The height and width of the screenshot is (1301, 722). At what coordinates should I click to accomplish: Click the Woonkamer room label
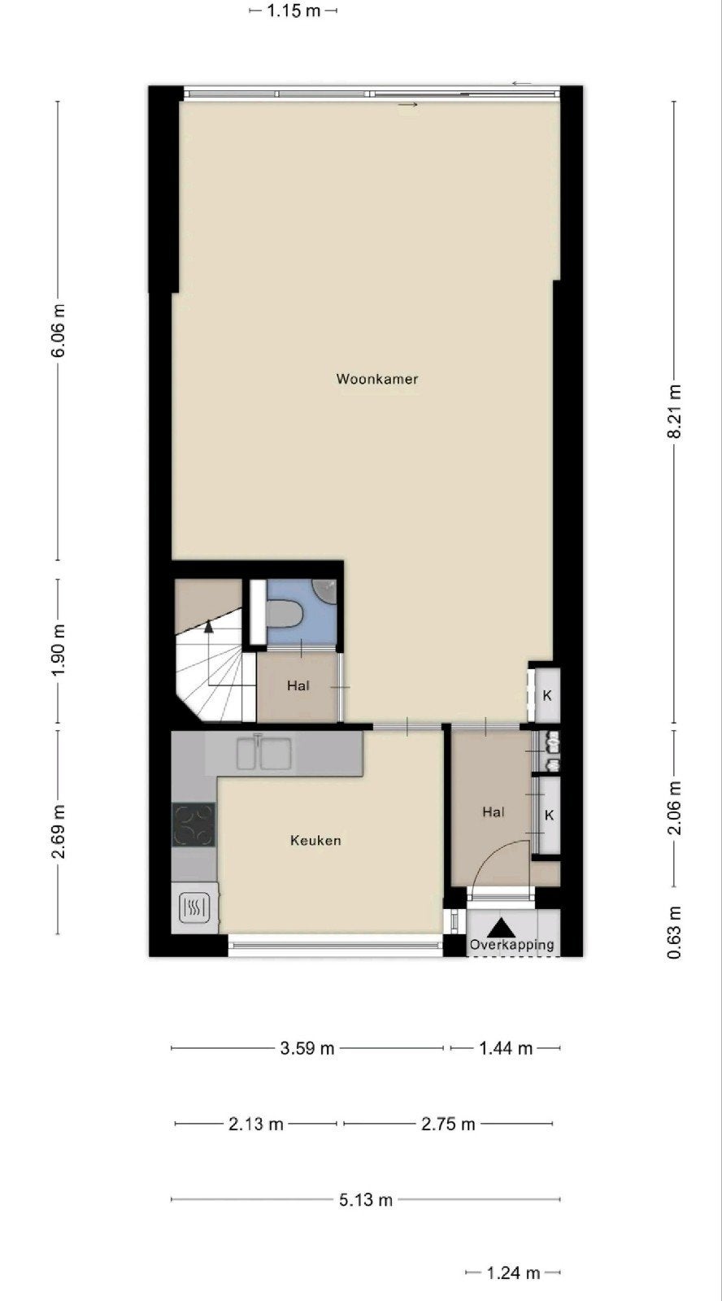(377, 379)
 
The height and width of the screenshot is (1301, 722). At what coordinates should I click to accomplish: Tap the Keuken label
(315, 841)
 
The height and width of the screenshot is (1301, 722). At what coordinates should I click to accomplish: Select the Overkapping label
(511, 945)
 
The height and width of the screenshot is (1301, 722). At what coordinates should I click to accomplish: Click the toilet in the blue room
(283, 615)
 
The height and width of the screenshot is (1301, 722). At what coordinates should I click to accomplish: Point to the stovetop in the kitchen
(194, 825)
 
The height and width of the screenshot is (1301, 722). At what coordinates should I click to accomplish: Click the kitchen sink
(263, 753)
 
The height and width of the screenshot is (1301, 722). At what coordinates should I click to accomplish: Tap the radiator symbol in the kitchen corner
(194, 907)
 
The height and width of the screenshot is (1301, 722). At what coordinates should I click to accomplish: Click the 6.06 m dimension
(58, 330)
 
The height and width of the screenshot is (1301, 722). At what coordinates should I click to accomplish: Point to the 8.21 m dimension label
(674, 411)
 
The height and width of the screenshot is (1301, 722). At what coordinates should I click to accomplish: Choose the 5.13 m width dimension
(366, 1200)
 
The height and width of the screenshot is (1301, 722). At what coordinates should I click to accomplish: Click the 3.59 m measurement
(307, 1048)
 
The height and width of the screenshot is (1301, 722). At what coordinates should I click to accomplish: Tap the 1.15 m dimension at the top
(294, 11)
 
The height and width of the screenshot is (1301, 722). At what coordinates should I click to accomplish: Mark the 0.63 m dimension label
(674, 933)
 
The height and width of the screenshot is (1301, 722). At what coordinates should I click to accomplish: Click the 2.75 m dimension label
(448, 1124)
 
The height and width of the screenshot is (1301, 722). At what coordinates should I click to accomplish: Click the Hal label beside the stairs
(298, 686)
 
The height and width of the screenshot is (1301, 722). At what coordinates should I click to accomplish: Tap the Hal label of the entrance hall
(494, 812)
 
